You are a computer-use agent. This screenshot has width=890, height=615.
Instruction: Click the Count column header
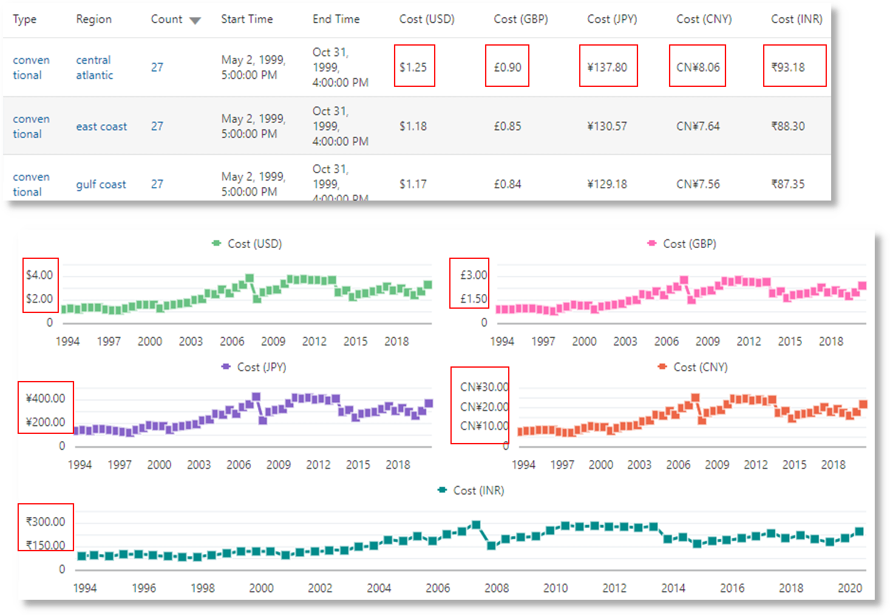[x=166, y=19]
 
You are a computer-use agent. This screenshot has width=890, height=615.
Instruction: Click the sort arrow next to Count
[x=195, y=21]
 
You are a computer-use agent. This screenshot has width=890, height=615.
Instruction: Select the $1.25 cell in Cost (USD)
[x=413, y=67]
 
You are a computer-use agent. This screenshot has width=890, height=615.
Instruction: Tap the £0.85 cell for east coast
[x=508, y=126]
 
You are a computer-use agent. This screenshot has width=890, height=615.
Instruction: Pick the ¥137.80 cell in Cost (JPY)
[x=607, y=67]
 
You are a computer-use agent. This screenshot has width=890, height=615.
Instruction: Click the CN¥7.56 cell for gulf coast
[x=698, y=184]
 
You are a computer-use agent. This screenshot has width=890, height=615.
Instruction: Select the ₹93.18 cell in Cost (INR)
[x=788, y=67]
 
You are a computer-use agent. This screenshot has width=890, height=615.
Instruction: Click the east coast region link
[x=101, y=126]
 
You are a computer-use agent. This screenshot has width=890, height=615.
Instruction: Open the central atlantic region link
[x=94, y=67]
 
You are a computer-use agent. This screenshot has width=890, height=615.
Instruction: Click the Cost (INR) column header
[x=797, y=19]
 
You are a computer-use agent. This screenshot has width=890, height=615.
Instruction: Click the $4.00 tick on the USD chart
[x=39, y=275]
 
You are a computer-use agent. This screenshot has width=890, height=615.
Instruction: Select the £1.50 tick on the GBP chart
[x=474, y=299]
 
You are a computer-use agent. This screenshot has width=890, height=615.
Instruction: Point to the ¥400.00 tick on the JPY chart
[x=46, y=399]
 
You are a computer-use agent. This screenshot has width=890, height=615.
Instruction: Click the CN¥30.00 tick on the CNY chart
[x=484, y=387]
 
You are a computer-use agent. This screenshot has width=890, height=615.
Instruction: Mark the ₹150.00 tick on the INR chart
[x=46, y=545]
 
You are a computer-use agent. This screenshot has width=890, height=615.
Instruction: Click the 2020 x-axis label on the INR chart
[x=849, y=588]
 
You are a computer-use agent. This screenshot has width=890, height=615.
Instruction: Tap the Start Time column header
[x=246, y=19]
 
